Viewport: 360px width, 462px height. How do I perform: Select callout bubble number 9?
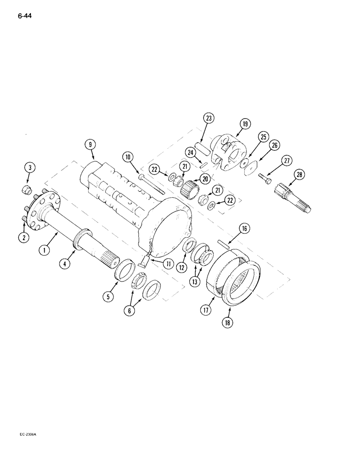pyautogui.click(x=90, y=145)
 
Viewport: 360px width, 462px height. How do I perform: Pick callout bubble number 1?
pyautogui.click(x=44, y=250)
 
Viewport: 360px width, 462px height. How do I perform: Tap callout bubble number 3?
pyautogui.click(x=29, y=167)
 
